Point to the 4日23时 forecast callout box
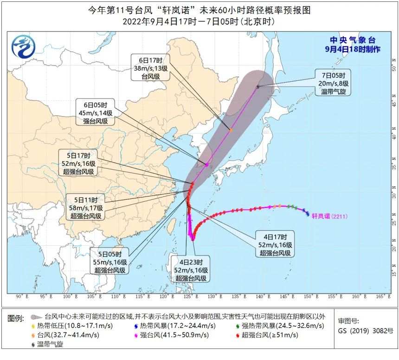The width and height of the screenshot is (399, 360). (x=191, y=268)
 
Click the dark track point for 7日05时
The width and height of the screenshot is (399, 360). (x=258, y=86)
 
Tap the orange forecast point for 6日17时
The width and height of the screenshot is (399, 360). (x=230, y=130)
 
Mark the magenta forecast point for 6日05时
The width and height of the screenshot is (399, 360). (x=207, y=164)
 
